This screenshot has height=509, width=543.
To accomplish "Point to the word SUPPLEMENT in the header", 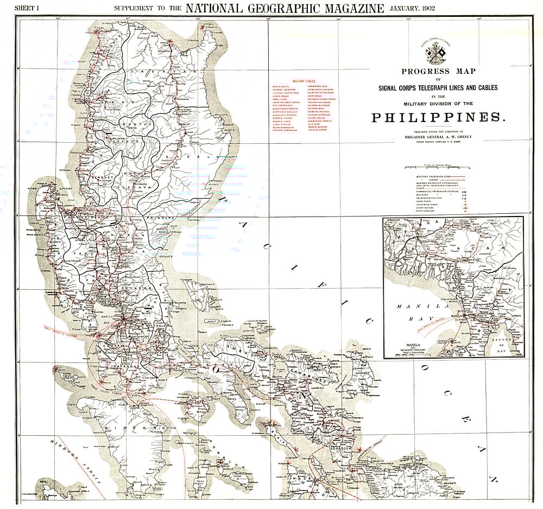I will pyautogui.click(x=132, y=9).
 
